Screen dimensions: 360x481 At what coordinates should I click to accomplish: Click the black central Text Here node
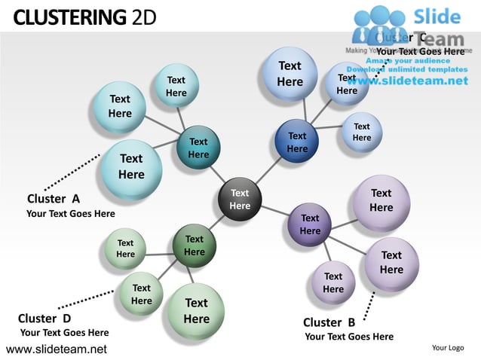(240, 200)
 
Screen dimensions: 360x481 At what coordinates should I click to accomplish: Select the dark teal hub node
(198, 148)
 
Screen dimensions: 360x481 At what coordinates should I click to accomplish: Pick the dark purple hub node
(310, 224)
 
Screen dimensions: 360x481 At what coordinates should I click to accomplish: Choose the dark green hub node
(195, 246)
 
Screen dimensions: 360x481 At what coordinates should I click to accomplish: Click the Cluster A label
(53, 199)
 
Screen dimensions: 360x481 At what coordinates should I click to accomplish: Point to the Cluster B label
(329, 323)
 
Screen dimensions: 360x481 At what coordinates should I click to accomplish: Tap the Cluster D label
(44, 318)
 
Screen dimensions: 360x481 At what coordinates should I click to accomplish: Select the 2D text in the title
(143, 16)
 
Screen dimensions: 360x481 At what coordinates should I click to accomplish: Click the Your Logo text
(448, 347)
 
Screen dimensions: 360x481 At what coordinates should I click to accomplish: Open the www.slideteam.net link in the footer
(57, 349)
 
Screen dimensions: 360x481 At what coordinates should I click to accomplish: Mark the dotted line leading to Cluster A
(72, 172)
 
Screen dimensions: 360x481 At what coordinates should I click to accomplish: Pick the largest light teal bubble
(131, 165)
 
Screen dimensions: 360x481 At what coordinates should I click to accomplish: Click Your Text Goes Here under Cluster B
(349, 337)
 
